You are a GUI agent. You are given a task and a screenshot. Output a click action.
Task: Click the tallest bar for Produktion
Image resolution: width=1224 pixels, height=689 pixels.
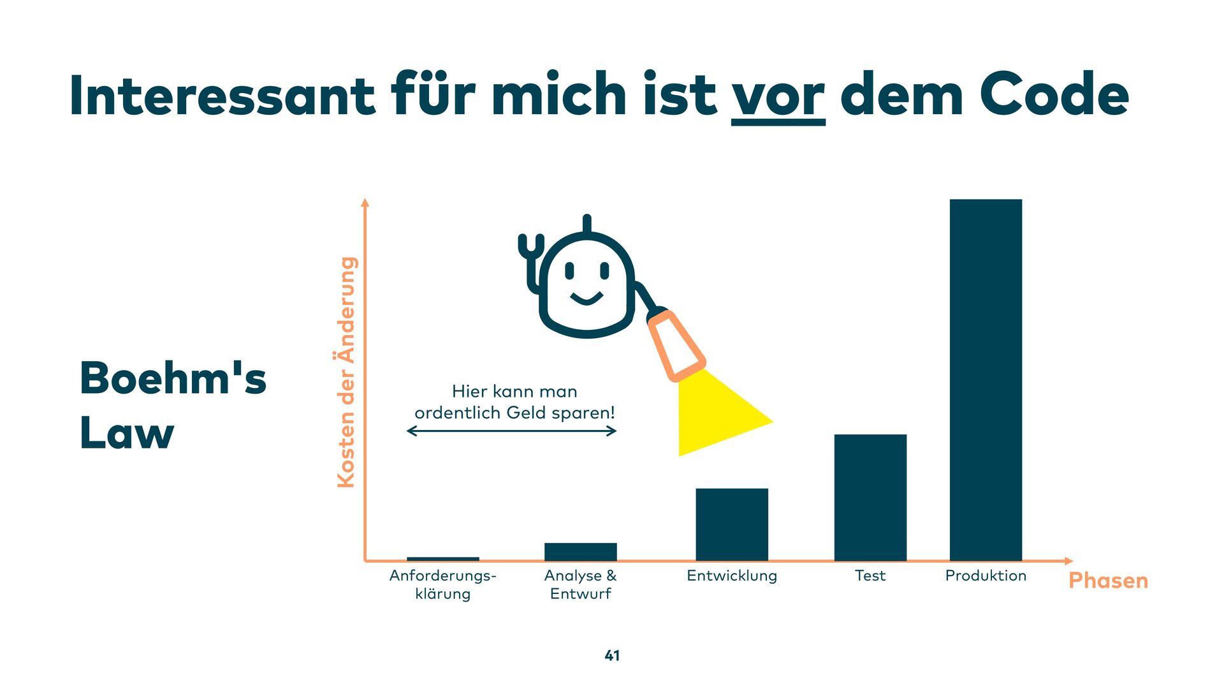(x=986, y=380)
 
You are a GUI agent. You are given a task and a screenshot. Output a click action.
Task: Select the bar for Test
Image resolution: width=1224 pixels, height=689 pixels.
(x=870, y=498)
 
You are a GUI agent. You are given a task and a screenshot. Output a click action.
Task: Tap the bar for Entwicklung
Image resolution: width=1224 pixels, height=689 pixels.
(x=732, y=524)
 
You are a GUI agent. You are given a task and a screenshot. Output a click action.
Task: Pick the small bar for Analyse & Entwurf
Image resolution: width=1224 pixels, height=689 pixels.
(x=580, y=552)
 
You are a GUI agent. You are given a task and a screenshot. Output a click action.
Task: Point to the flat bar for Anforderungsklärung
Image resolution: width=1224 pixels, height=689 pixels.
(x=442, y=559)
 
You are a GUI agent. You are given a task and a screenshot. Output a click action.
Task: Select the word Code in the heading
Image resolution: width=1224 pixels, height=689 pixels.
(x=1054, y=96)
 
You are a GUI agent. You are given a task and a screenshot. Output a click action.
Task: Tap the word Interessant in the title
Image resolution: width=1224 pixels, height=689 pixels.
(x=222, y=96)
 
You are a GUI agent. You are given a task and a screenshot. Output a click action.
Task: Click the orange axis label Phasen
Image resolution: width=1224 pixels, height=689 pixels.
(x=1108, y=581)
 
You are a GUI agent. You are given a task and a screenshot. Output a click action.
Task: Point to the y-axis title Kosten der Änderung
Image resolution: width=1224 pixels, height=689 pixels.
(x=346, y=373)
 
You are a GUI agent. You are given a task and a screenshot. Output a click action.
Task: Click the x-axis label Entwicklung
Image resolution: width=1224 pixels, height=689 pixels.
(x=732, y=575)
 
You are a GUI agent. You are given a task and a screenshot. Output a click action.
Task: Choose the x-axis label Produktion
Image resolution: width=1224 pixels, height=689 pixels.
(x=986, y=575)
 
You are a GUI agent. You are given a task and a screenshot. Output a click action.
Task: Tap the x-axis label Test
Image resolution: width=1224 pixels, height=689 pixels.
(x=870, y=575)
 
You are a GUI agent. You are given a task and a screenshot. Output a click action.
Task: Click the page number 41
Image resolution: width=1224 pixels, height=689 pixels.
(x=612, y=655)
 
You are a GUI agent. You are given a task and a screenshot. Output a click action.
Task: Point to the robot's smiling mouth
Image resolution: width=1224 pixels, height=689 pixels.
(x=586, y=299)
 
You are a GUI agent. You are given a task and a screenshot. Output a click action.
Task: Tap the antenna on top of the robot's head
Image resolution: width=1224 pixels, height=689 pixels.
(x=587, y=224)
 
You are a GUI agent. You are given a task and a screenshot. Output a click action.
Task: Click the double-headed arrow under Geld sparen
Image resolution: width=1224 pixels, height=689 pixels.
(x=511, y=431)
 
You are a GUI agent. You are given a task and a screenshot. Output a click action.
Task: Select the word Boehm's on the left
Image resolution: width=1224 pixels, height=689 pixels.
(x=173, y=378)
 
